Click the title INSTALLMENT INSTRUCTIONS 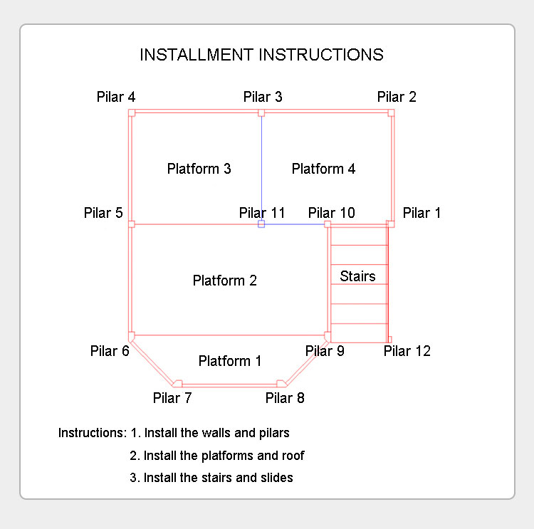261,55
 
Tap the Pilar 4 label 116,97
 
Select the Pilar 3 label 263,97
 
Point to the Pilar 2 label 397,97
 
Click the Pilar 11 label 262,212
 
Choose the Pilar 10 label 331,212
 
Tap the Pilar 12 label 407,350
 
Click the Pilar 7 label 172,397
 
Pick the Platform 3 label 199,169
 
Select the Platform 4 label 323,169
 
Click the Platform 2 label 224,281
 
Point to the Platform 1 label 229,361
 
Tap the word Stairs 357,276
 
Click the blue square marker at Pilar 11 261,224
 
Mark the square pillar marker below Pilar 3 261,112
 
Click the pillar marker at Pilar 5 132,224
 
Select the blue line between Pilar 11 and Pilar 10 295,224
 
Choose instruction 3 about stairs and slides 211,478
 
